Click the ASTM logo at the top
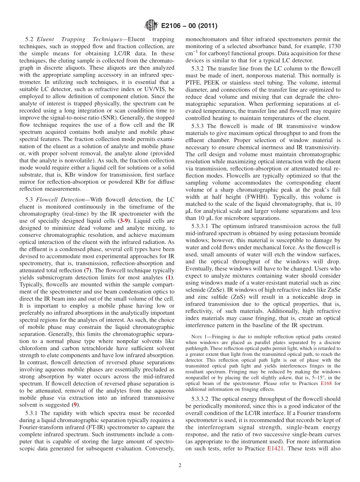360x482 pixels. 151,26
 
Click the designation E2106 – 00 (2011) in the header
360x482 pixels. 189,26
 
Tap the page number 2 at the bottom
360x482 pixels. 180,466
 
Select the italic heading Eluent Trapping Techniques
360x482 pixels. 81,39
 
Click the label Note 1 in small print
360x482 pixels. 199,337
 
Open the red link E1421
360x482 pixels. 275,448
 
